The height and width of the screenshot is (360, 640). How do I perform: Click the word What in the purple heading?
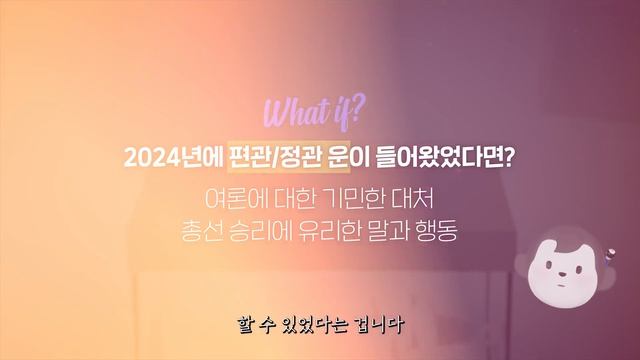tap(289, 109)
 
